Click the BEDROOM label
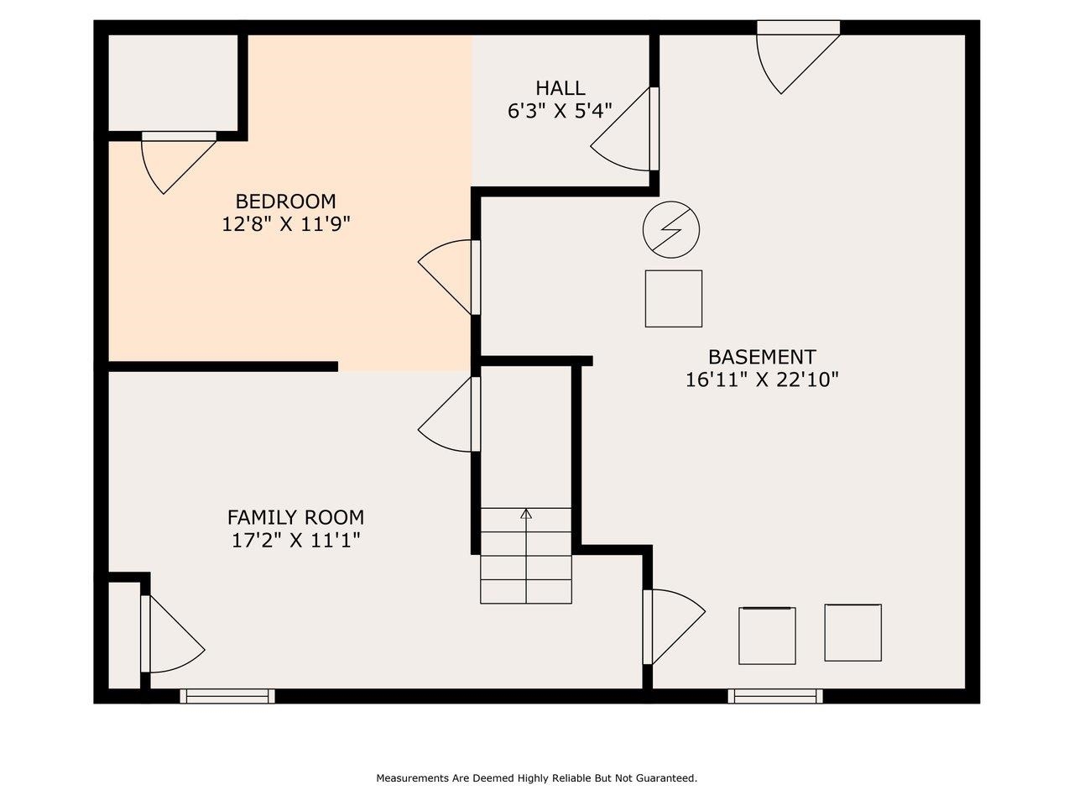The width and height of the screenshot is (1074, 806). tap(285, 201)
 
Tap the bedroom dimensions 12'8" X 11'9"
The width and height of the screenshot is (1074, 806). tap(286, 225)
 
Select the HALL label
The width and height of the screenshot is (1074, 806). tap(560, 88)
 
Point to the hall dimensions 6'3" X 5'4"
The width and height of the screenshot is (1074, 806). tap(560, 111)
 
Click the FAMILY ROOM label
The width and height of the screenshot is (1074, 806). tap(295, 517)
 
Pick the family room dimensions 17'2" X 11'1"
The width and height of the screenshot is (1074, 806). tap(295, 541)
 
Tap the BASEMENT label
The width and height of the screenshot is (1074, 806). tap(762, 357)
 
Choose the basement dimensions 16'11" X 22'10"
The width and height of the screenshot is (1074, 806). tap(762, 379)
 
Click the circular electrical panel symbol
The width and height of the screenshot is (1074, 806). tap(670, 229)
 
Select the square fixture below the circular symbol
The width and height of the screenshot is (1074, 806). tap(673, 299)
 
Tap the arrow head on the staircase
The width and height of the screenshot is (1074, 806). tap(526, 513)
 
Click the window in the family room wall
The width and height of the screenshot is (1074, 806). tap(227, 696)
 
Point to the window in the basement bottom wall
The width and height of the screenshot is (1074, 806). tap(775, 696)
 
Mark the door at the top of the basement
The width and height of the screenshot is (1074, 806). tap(798, 56)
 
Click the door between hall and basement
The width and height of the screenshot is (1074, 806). tap(625, 129)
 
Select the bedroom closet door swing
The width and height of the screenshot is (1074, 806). tap(179, 163)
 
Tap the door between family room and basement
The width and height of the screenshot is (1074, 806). tap(674, 626)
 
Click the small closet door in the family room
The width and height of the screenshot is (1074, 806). tap(172, 634)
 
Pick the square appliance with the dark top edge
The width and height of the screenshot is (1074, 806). tap(767, 636)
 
